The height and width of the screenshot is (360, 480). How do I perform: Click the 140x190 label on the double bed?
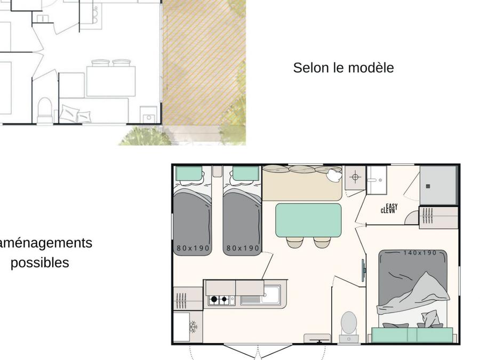tap(420, 253)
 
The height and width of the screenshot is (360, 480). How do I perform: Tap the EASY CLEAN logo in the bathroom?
tap(389, 209)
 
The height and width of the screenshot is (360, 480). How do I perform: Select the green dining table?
tap(308, 220)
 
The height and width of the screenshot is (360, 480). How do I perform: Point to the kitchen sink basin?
tap(271, 294)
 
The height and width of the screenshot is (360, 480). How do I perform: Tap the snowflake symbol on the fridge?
tap(193, 326)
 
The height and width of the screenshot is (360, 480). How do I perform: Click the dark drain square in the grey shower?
tap(428, 186)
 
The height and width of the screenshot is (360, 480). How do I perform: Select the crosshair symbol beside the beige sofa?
tap(355, 177)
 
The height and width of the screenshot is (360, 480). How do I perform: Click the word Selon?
tap(311, 68)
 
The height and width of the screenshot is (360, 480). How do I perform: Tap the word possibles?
tap(40, 262)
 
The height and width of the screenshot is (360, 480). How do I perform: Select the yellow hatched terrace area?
tap(204, 62)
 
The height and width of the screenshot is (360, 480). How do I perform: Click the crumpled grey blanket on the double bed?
tap(413, 294)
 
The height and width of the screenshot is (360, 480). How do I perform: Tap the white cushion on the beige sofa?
tap(334, 175)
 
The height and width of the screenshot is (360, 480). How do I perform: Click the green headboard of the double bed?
tap(412, 334)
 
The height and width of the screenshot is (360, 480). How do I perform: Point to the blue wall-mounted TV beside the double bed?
tap(363, 270)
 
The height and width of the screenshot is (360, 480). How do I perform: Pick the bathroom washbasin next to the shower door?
tap(377, 180)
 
